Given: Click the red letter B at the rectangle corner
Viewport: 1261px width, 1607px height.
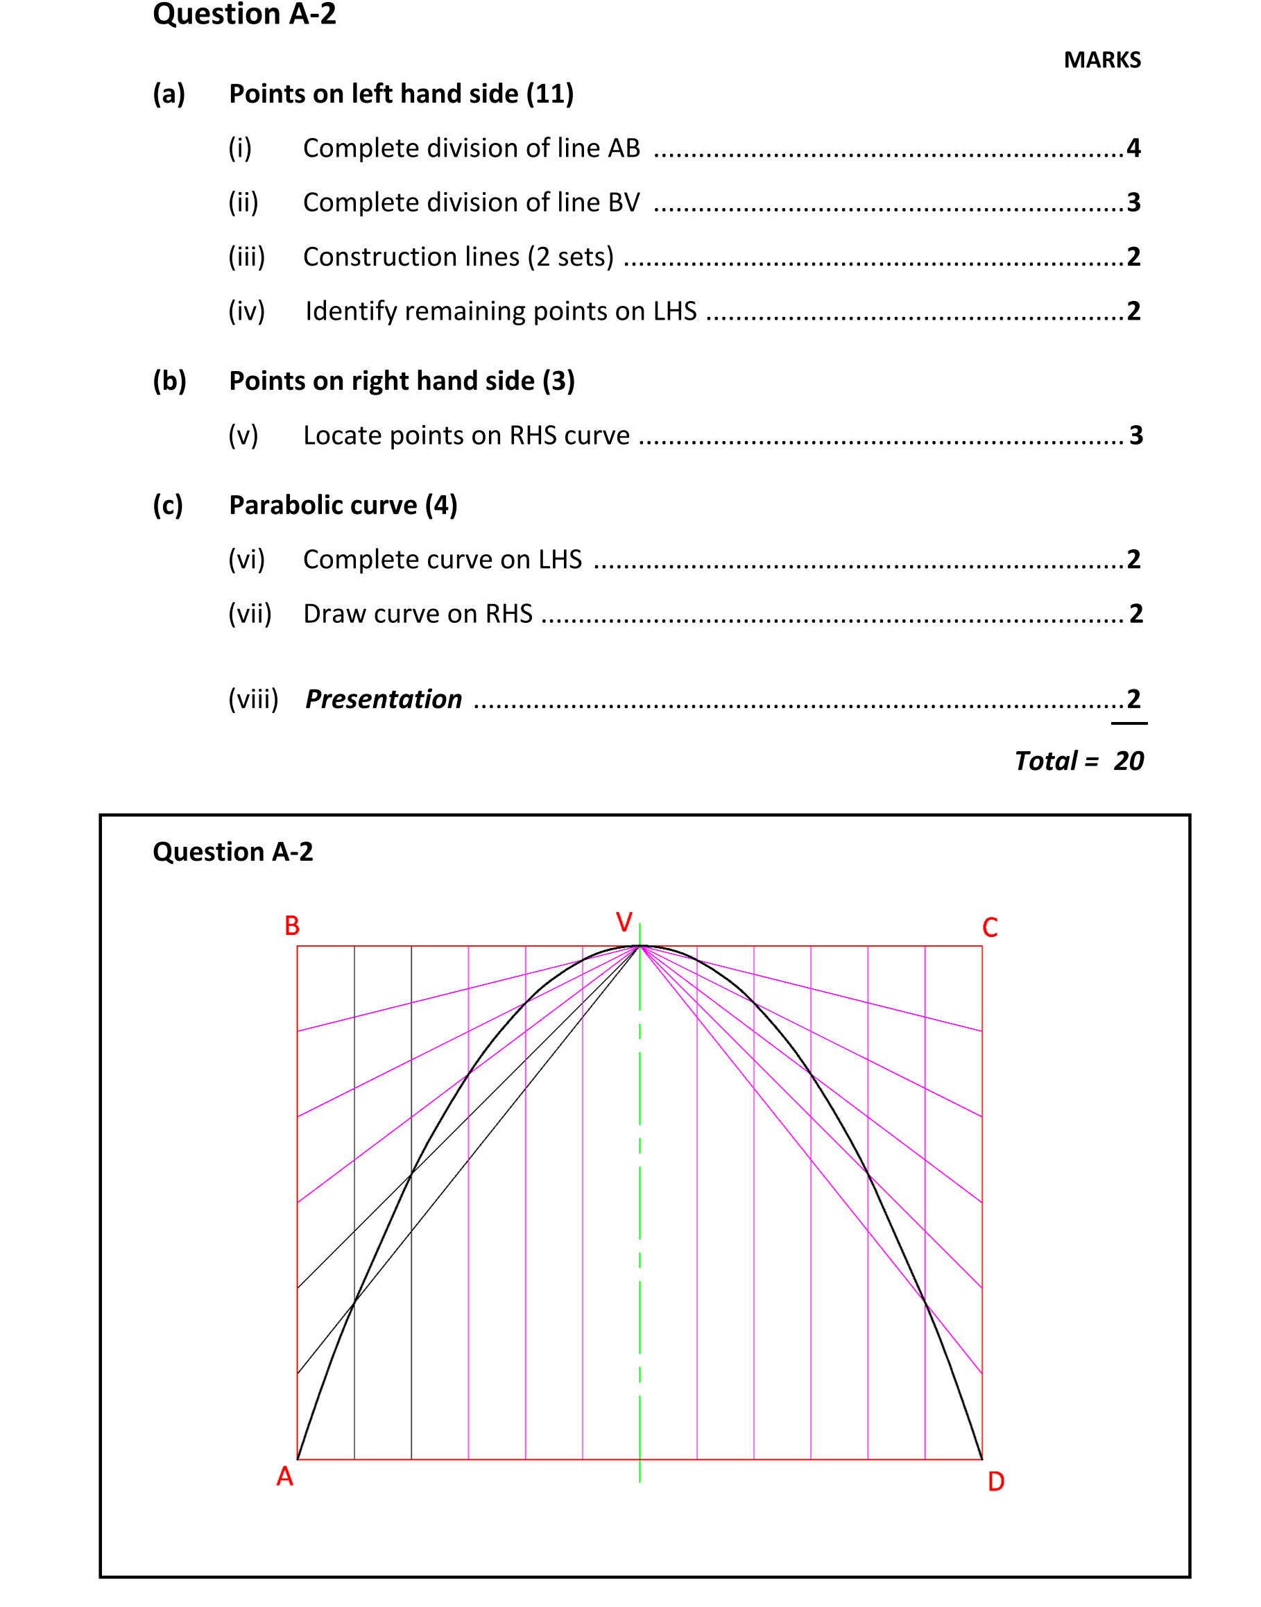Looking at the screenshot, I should (x=293, y=926).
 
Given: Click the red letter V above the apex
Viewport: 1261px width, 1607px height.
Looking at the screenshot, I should (x=624, y=922).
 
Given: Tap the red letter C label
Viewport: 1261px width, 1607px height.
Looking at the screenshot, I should (x=990, y=928).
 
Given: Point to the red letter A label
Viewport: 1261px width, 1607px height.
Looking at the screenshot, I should (x=285, y=1477).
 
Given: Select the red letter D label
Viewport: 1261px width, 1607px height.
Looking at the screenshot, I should (x=996, y=1481).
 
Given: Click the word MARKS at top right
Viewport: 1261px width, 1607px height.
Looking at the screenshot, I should (x=1101, y=60).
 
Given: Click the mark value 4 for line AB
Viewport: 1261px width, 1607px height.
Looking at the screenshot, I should (x=1133, y=148).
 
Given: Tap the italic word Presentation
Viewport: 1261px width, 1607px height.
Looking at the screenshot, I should (x=384, y=699).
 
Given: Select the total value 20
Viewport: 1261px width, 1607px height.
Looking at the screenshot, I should (x=1128, y=761).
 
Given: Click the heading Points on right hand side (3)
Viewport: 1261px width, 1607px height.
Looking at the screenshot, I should (x=402, y=381).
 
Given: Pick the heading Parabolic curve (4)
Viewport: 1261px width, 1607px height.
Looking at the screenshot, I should (x=343, y=505).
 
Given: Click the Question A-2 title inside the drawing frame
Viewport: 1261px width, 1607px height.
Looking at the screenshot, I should (x=232, y=852).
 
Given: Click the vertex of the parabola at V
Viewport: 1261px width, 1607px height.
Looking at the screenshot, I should (x=640, y=945).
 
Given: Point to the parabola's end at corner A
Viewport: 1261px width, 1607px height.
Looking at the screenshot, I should (x=298, y=1459).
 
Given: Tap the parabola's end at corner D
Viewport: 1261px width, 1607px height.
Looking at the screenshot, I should (x=982, y=1459).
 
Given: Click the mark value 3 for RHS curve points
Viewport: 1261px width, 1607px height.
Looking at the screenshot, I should (x=1135, y=436).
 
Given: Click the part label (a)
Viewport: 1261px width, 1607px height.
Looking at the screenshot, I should (x=169, y=94).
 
